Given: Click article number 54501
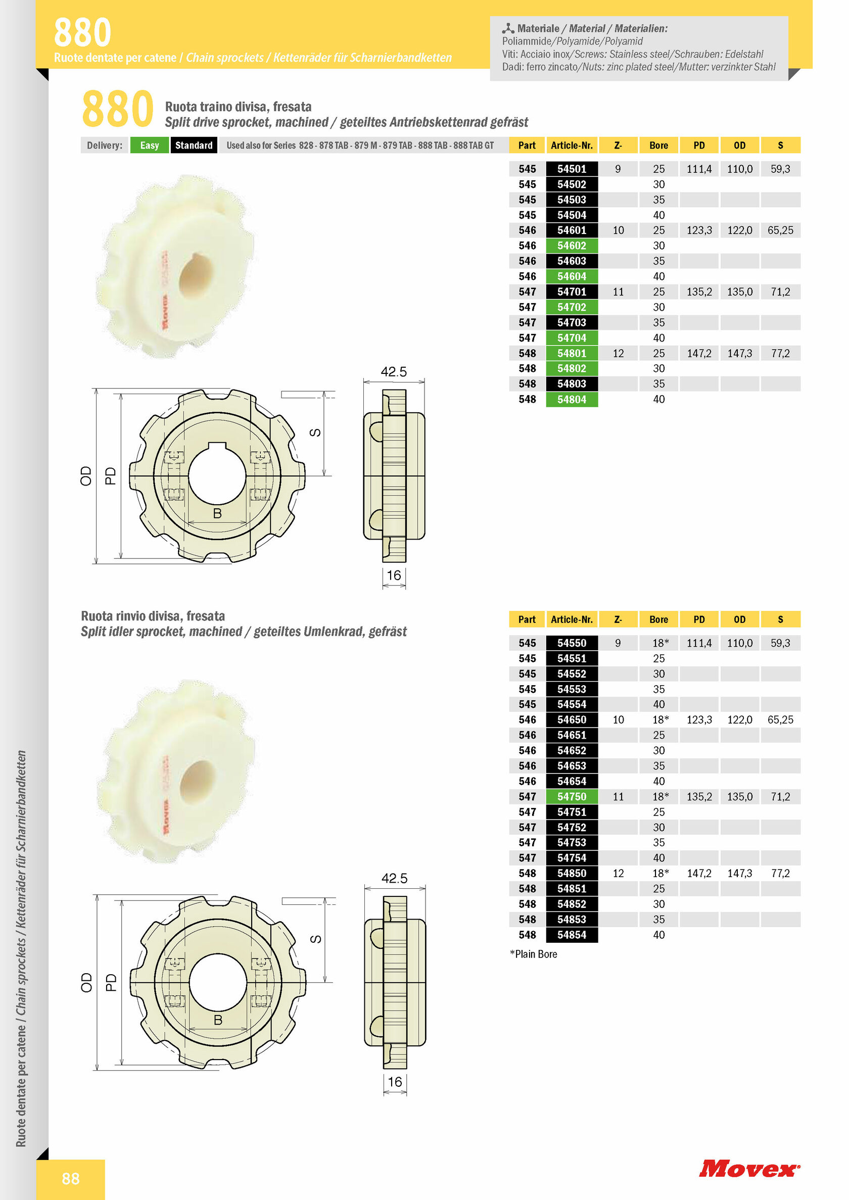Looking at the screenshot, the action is [x=572, y=169].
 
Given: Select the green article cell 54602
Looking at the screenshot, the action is [x=572, y=246].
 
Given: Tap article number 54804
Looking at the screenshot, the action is [x=572, y=399].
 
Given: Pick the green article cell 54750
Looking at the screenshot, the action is [x=572, y=796].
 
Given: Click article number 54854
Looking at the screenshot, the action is [x=572, y=935].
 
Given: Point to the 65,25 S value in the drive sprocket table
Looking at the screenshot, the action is [x=780, y=230].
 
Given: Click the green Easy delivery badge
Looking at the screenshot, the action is [x=149, y=146].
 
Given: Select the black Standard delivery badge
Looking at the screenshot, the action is [x=194, y=146].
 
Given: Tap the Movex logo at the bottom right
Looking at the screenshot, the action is [x=748, y=1169].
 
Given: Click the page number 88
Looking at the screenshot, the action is [x=71, y=1179].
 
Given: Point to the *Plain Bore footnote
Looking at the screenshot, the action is [x=533, y=954].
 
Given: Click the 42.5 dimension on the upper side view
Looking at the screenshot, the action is [x=394, y=371].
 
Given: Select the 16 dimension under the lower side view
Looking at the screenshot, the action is [x=395, y=1081].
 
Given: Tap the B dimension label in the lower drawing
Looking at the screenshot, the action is [x=218, y=1020].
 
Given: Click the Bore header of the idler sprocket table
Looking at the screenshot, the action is [x=658, y=619].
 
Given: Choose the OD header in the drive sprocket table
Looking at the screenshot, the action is [x=739, y=146].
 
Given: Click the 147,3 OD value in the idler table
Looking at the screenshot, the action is [x=739, y=873].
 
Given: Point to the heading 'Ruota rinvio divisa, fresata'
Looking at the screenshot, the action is [x=153, y=616].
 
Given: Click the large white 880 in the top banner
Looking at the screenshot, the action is [x=82, y=32].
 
